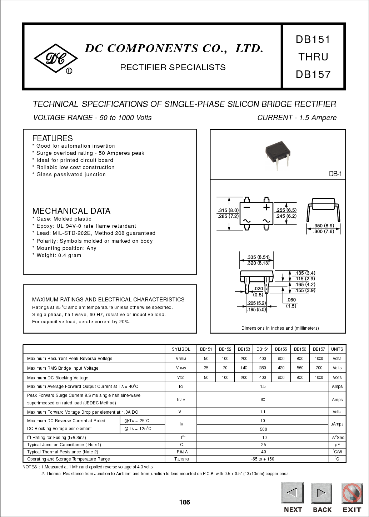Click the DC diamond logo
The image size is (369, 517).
(x=55, y=59)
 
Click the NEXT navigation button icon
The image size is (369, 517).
(x=292, y=493)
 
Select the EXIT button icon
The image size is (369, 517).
(x=352, y=493)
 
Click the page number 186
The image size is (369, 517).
(x=184, y=502)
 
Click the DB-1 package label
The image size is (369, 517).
(x=335, y=174)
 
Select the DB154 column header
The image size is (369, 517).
(x=263, y=349)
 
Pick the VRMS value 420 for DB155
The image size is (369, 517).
(x=281, y=368)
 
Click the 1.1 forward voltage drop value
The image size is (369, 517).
(x=263, y=412)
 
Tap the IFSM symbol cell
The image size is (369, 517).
(x=181, y=400)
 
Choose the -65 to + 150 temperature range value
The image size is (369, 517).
(x=263, y=459)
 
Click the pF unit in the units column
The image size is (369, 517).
(x=337, y=445)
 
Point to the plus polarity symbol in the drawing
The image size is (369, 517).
(x=266, y=207)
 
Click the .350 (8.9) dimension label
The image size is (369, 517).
(x=323, y=226)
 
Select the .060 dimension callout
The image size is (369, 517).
(x=291, y=300)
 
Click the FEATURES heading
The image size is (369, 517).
(x=53, y=138)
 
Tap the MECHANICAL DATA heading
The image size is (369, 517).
(x=71, y=211)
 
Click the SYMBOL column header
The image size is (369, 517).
(x=181, y=349)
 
